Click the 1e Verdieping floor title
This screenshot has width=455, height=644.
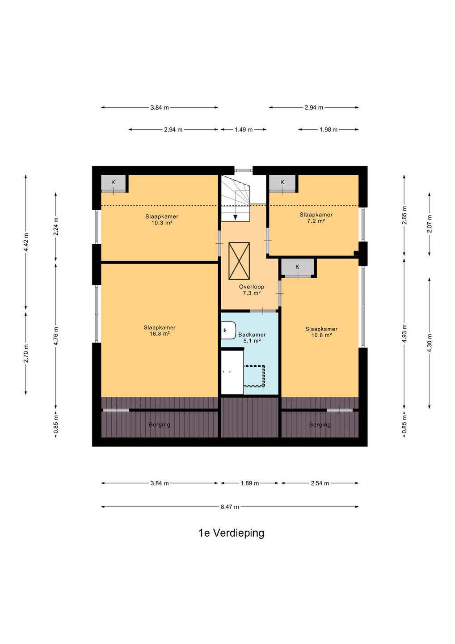coord(231,533)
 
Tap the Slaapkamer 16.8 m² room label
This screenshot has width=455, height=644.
coord(160,330)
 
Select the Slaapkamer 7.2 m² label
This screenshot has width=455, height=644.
coord(316,218)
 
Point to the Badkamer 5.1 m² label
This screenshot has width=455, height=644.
coord(252,338)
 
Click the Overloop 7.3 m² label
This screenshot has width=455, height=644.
coord(251,289)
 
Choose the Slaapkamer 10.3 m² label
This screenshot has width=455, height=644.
coord(162,219)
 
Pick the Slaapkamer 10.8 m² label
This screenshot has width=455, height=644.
coord(321,332)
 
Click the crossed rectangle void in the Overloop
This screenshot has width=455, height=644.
coord(239,261)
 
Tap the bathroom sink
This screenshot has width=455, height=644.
coord(228,330)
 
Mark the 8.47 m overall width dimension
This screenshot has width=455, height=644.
coord(230,507)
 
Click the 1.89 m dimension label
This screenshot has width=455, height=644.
coord(249,483)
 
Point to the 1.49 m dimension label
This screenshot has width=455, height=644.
coord(244,130)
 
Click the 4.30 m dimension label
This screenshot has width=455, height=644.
coord(430,343)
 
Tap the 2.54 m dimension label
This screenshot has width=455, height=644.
coord(320,483)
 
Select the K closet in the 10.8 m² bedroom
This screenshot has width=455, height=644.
coord(297,267)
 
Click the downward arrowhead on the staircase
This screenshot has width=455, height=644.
coord(235,217)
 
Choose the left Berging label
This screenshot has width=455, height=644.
coord(160,425)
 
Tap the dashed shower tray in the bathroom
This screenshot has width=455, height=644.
coord(254,376)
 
